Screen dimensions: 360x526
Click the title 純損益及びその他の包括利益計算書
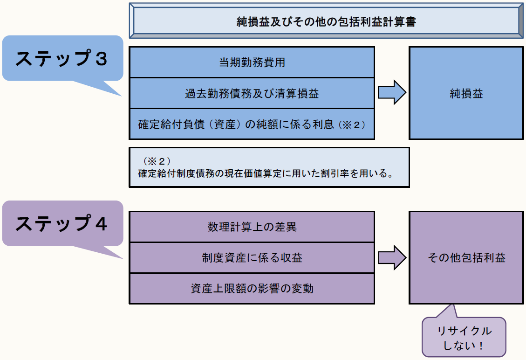pos(326,21)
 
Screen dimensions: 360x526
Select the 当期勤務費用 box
pos(252,62)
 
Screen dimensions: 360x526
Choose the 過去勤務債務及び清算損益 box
pos(252,93)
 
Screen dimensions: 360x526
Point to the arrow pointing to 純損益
pos(391,93)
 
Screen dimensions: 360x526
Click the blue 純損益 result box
pos(466,93)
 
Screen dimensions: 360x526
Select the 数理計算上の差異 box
pos(252,227)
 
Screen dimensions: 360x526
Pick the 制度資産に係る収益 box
pos(252,258)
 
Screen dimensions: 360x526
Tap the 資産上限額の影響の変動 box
pos(252,289)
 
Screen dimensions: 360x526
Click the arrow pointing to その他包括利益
pos(391,258)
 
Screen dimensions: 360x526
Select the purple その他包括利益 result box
pos(466,258)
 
